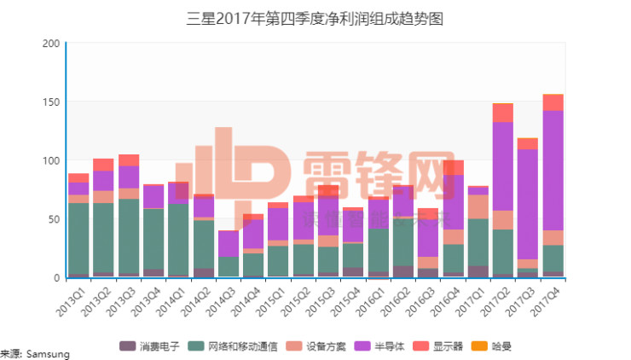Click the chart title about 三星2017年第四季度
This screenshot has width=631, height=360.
click(x=315, y=19)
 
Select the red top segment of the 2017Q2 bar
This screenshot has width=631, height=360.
click(x=503, y=113)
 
